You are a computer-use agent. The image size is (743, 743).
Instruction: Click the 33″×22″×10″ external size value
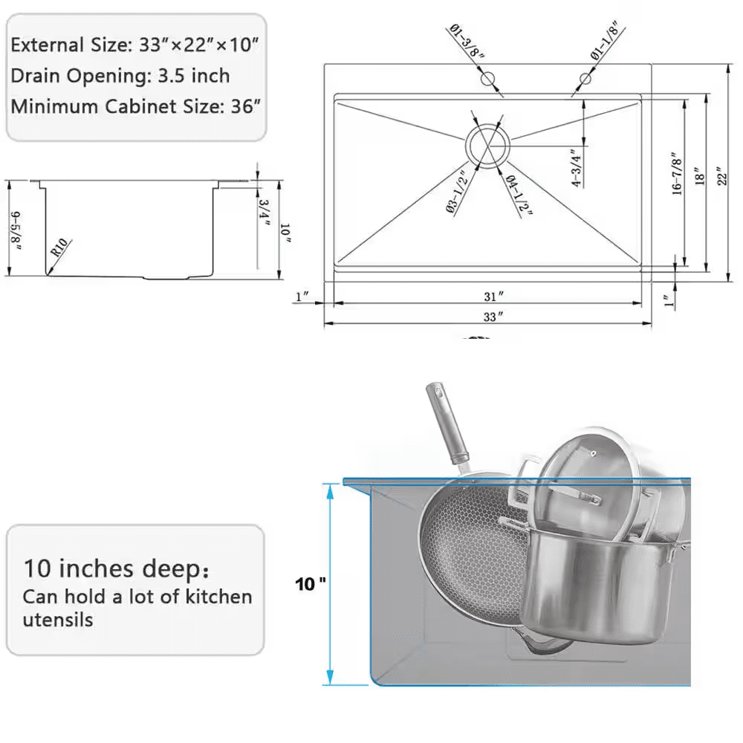[198, 45]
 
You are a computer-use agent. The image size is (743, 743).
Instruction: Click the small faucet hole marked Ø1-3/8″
[487, 78]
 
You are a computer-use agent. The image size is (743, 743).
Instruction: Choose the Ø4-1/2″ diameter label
[520, 195]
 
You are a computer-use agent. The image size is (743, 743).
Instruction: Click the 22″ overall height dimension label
[718, 175]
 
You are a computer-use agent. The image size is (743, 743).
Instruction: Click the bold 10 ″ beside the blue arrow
[310, 585]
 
